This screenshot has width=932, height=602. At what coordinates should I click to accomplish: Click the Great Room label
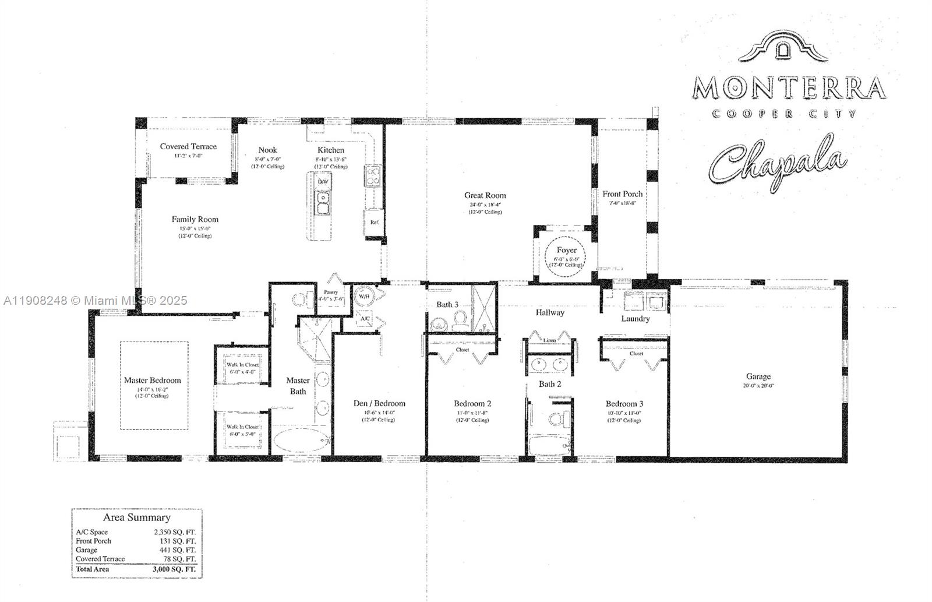tap(485, 196)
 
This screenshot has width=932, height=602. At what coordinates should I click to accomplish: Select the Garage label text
tap(758, 377)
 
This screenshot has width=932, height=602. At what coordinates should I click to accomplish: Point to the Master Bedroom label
tap(153, 381)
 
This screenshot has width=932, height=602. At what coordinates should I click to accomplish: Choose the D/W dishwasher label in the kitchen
tap(323, 182)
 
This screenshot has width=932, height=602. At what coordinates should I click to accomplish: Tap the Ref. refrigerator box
tap(375, 222)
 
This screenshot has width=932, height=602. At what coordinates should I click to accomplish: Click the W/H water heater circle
tap(363, 296)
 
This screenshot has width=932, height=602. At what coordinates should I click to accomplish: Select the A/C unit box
tap(365, 319)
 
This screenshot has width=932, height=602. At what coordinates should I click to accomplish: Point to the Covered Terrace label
tap(188, 147)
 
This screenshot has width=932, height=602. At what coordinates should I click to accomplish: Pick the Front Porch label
tap(623, 194)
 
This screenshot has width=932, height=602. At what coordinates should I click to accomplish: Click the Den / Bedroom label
tap(379, 403)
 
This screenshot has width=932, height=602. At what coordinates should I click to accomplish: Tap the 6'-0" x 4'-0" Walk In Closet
tap(242, 368)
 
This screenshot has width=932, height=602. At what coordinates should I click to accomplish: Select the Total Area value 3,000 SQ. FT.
tap(174, 568)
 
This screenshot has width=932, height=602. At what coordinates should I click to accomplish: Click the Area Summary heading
tap(137, 517)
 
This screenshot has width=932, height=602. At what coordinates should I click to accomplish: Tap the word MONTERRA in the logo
tap(789, 88)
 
